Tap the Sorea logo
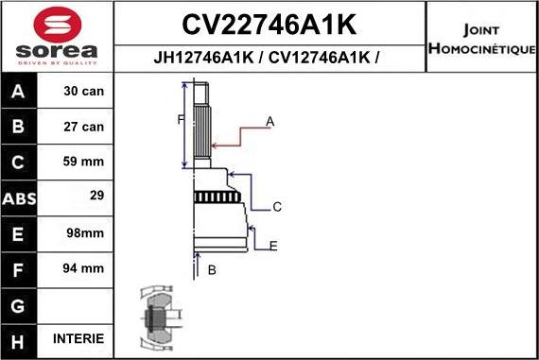(x=56, y=35)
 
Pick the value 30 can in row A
(x=84, y=92)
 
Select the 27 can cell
(x=84, y=126)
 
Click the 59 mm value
(x=84, y=162)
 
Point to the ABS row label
(x=19, y=197)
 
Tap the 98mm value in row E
(x=84, y=232)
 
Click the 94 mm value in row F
(x=84, y=268)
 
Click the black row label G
(x=19, y=304)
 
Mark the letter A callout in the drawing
(x=270, y=121)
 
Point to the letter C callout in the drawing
(x=277, y=206)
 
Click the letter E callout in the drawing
(x=273, y=246)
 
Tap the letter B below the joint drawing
(x=212, y=270)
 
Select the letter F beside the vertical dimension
(x=179, y=119)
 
